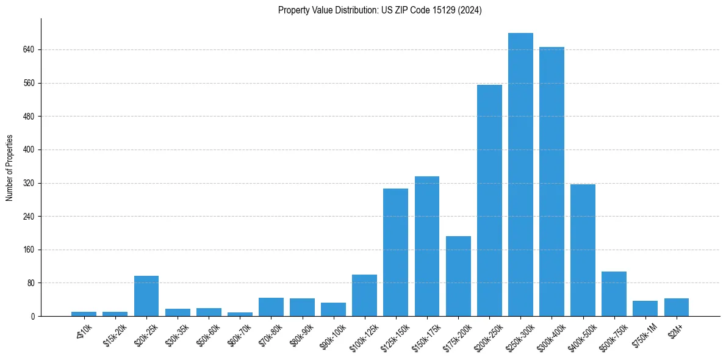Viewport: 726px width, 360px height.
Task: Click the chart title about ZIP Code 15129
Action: click(x=379, y=10)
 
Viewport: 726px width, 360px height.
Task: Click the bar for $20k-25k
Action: click(x=146, y=296)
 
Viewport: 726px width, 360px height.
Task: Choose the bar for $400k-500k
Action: click(x=583, y=250)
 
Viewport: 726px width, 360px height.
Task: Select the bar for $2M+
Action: click(x=676, y=307)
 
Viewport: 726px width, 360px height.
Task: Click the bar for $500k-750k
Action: click(x=614, y=293)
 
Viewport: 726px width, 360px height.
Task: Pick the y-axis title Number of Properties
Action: click(x=10, y=168)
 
